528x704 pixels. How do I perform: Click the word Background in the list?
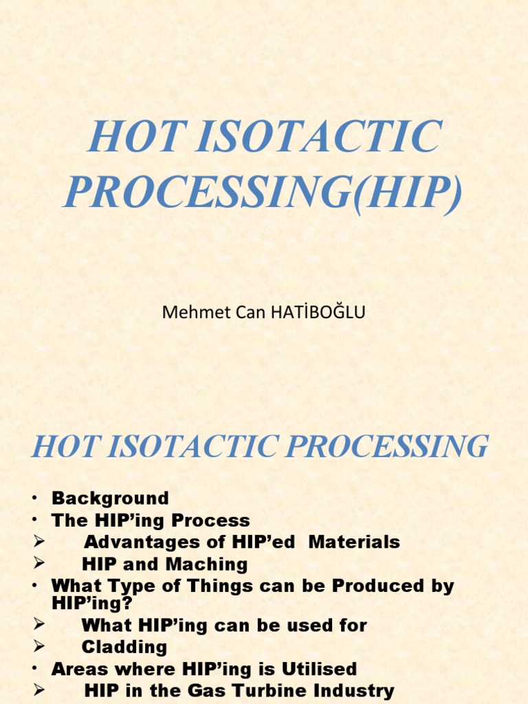point(110,498)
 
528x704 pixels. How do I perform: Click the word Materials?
point(354,542)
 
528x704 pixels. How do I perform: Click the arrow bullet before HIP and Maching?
point(39,564)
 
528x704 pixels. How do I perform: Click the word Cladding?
point(124,647)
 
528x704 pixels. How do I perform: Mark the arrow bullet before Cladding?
point(39,646)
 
